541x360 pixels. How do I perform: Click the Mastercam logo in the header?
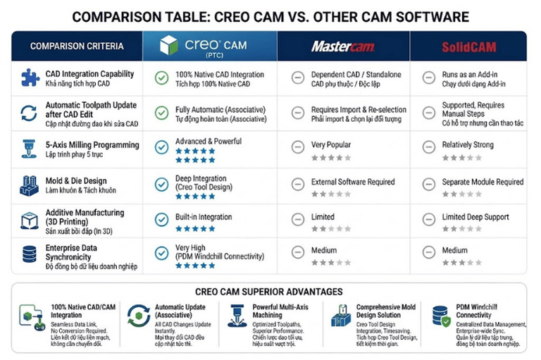343,46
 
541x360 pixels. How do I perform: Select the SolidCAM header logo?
469,47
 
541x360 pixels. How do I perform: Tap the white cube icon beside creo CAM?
168,45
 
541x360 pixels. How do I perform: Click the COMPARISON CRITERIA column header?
77,46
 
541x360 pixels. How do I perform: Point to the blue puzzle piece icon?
30,77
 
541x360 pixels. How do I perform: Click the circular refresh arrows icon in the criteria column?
29,113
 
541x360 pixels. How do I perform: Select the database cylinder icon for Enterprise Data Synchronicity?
30,254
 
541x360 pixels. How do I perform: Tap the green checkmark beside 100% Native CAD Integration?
161,78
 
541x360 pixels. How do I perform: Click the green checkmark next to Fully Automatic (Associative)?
161,113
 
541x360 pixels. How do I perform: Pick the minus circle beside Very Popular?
298,147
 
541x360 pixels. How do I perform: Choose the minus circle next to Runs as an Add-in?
429,77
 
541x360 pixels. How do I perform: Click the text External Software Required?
353,182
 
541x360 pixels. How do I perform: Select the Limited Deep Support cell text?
475,217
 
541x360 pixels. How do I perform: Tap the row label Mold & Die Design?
76,181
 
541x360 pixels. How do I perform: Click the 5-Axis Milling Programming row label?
92,145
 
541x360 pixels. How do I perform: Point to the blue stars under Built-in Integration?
195,228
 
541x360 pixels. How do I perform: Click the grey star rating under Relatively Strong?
462,158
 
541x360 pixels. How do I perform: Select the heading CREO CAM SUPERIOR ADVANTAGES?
269,292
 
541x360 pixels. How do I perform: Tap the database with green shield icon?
441,316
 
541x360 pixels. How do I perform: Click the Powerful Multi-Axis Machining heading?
280,311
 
